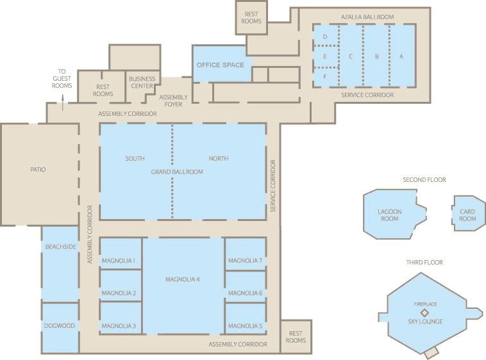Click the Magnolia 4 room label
point(183,279)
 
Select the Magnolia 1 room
point(119,260)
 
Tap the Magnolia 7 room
point(245,260)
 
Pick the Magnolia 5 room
point(245,325)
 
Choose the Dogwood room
point(60,325)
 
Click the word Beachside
point(60,246)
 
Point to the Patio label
point(38,170)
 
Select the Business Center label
point(142,82)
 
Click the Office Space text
point(220,65)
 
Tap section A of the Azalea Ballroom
point(401,56)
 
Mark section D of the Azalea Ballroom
point(325,37)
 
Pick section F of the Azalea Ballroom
point(325,76)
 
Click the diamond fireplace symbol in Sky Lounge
point(424,312)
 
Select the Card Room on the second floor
point(467,215)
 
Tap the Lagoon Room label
point(389,215)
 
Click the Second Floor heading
point(424,180)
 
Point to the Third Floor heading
point(424,262)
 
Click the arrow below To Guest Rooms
point(62,99)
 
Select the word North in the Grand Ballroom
point(218,158)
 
